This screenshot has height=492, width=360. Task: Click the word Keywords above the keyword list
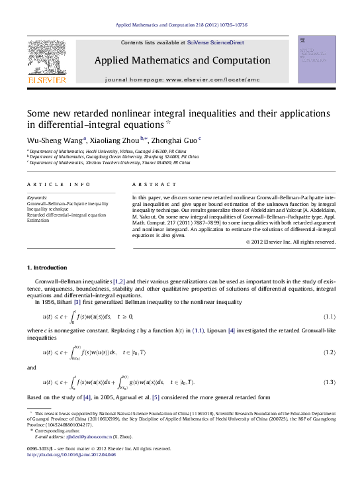tap(37, 197)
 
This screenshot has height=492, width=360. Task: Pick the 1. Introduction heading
tap(46, 268)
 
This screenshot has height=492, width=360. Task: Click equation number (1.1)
tap(329, 317)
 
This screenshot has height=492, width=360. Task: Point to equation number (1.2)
tap(329, 352)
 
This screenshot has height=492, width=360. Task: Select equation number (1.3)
tap(329, 383)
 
